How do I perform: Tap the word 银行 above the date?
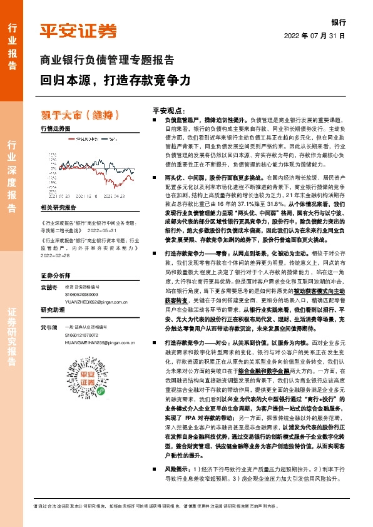click(x=339, y=22)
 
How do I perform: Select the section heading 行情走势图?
click(x=55, y=128)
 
